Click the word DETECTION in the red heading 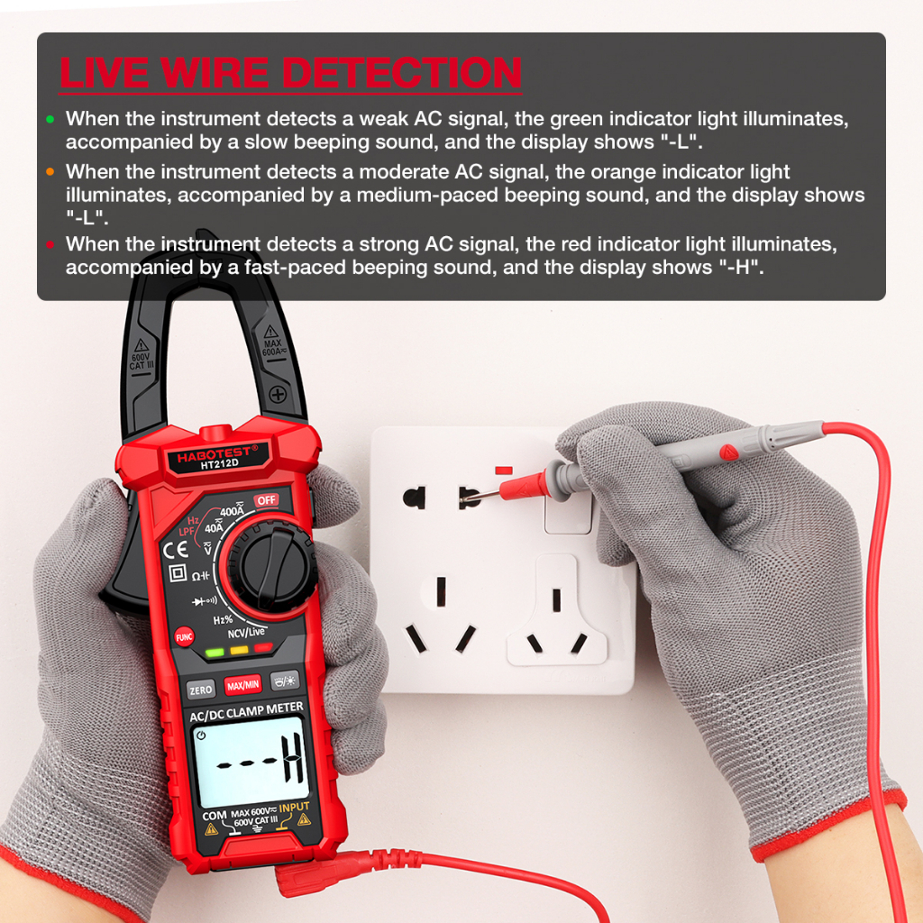point(402,73)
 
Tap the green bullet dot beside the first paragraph point(50,120)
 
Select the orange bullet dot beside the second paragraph point(50,172)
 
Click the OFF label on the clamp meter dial point(266,500)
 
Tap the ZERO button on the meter point(201,690)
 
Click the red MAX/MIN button point(243,685)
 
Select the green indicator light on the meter point(215,653)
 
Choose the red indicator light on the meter point(263,647)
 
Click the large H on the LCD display point(292,759)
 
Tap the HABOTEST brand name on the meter point(216,454)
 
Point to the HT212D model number point(219,464)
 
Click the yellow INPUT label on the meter point(294,808)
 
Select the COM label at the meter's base point(215,816)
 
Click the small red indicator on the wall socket point(504,471)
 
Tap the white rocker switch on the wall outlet point(568,511)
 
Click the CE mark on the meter point(175,551)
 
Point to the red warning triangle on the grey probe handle point(728,452)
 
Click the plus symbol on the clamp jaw point(278,395)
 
